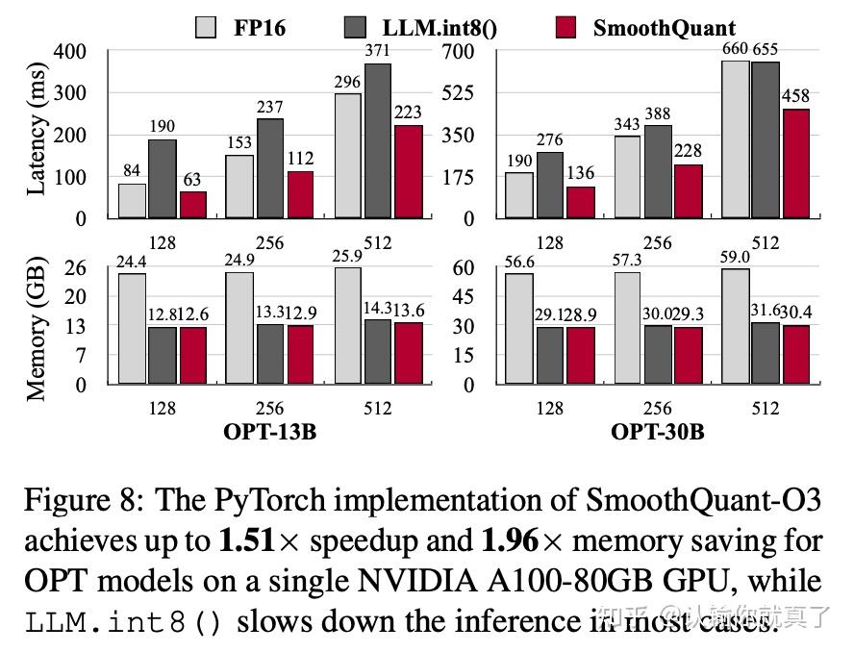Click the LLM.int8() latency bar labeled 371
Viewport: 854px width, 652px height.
click(377, 141)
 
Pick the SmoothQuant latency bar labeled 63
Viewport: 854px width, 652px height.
click(193, 205)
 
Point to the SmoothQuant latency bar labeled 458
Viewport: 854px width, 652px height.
click(795, 163)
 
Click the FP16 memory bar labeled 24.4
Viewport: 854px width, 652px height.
click(132, 329)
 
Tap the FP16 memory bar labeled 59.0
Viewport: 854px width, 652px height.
click(735, 326)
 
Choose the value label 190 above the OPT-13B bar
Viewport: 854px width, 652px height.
click(163, 127)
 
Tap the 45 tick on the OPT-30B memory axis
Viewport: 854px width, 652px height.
click(464, 297)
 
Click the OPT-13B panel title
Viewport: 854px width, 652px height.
click(269, 432)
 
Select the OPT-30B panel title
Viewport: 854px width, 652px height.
click(657, 432)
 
